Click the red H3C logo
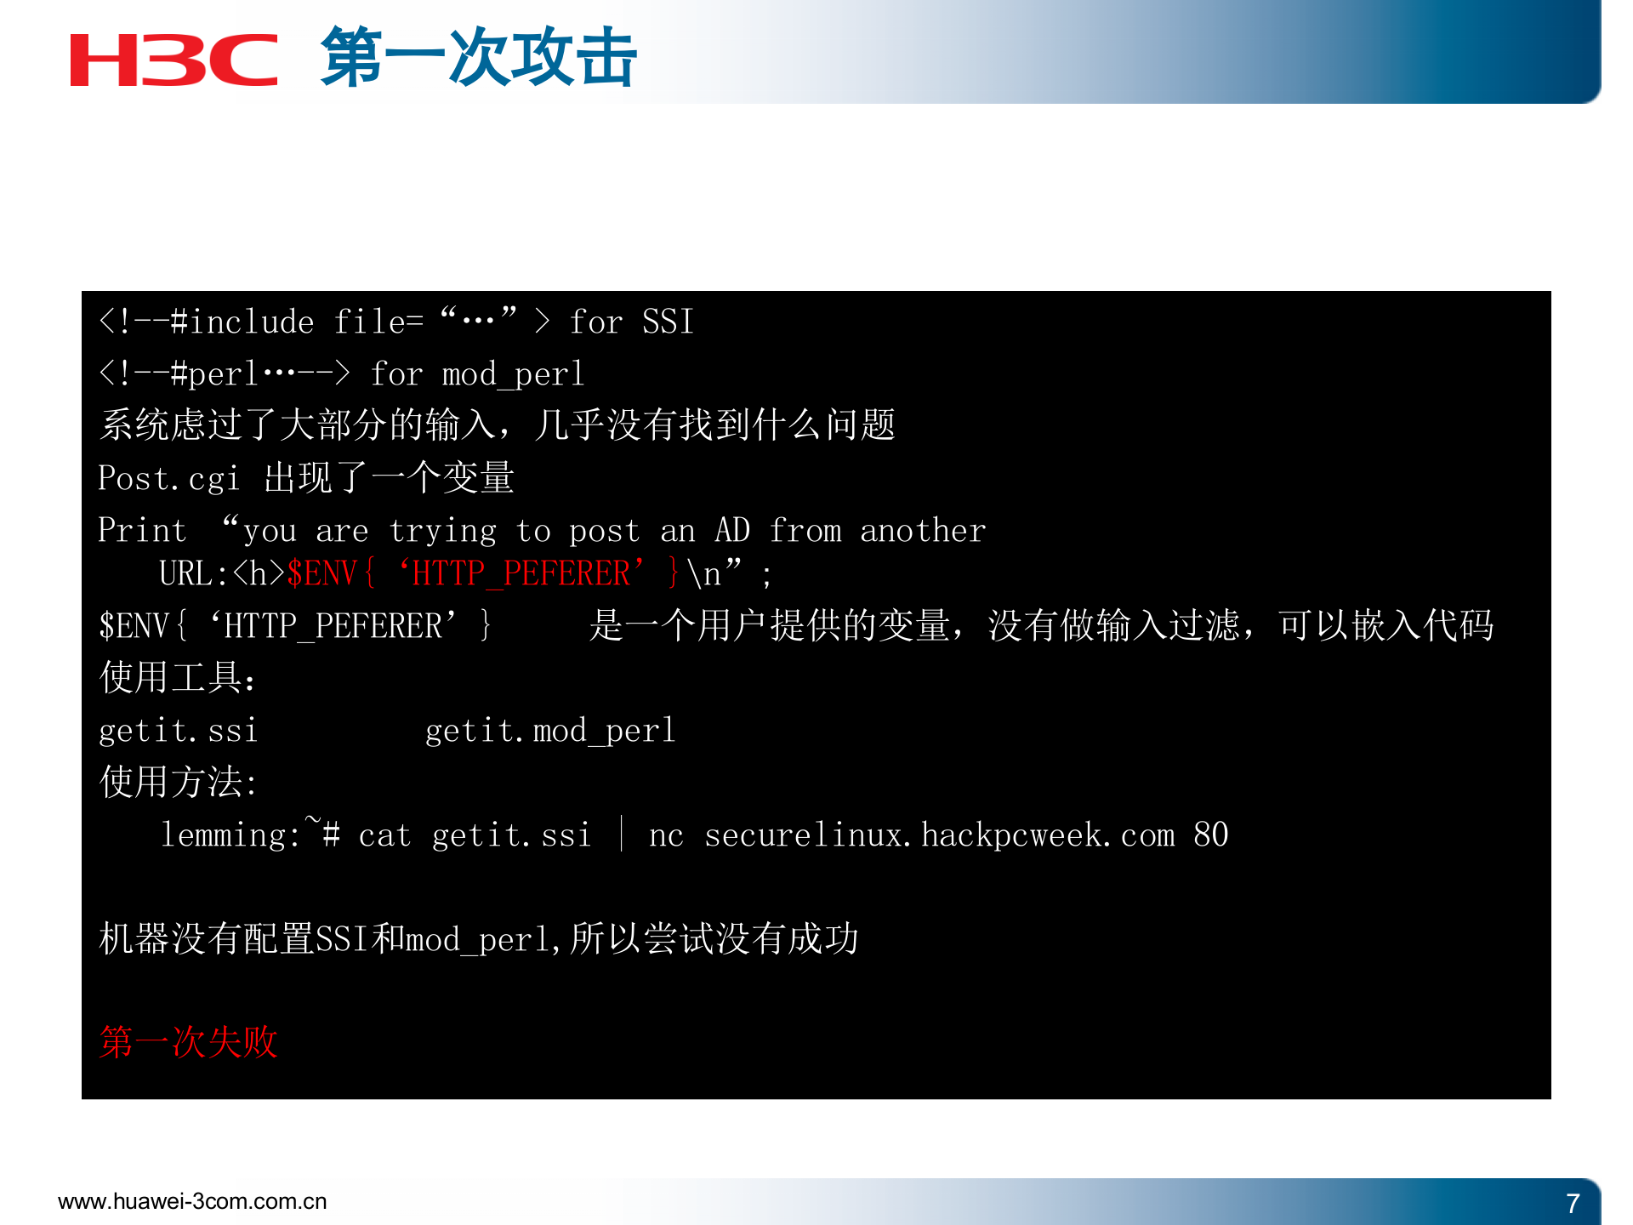tap(174, 60)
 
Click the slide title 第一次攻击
tap(478, 58)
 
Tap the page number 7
tap(1573, 1203)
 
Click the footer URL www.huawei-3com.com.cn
tap(192, 1201)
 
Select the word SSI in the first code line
tap(668, 322)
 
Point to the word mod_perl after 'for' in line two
tap(513, 374)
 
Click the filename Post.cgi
tap(168, 479)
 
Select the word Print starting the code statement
tap(142, 531)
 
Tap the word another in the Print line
tap(923, 531)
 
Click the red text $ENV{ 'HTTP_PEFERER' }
tap(483, 573)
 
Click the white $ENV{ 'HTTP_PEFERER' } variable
tap(295, 626)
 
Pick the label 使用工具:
tap(178, 678)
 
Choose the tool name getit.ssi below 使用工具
tap(178, 731)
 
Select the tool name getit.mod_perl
tap(550, 731)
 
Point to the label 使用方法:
tap(178, 783)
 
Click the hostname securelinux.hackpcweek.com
tap(940, 835)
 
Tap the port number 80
tap(1210, 835)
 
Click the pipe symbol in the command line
tap(622, 834)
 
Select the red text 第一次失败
tap(189, 1042)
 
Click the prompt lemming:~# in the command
tap(251, 834)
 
